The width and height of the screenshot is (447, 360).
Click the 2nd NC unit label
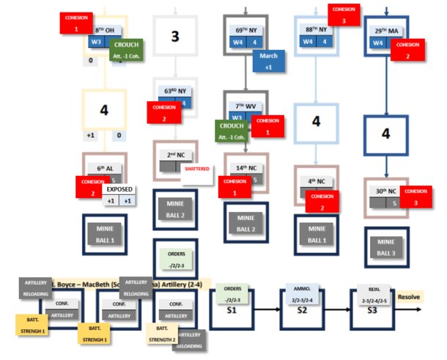coord(175,156)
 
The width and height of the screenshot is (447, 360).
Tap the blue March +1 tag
coord(268,61)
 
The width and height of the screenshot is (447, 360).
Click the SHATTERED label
coord(196,169)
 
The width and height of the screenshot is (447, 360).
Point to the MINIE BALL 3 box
coord(386,246)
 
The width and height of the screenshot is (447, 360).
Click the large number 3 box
coord(175,36)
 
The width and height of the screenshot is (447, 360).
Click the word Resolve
coord(410,297)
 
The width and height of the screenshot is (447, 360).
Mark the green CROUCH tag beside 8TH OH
coord(127,49)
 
